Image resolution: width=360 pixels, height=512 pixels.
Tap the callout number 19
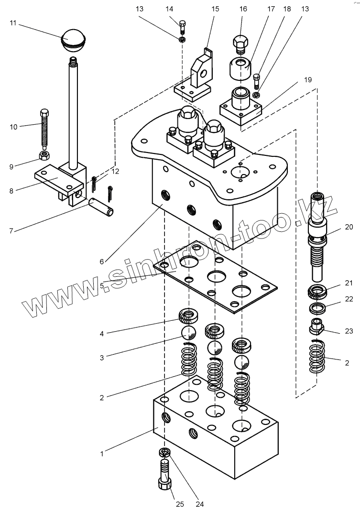(308, 80)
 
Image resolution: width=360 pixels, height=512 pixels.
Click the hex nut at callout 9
(44, 155)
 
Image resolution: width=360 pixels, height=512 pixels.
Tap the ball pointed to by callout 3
(188, 333)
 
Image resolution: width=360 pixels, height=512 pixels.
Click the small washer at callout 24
(165, 453)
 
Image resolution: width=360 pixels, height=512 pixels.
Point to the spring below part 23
(317, 356)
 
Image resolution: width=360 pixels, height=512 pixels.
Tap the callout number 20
(349, 227)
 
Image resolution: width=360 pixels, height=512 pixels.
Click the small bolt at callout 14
(183, 27)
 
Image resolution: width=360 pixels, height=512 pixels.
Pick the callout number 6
(102, 261)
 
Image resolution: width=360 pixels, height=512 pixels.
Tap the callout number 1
(102, 454)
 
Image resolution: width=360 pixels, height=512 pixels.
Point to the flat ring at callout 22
(316, 308)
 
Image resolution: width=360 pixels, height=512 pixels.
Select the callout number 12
(115, 172)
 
